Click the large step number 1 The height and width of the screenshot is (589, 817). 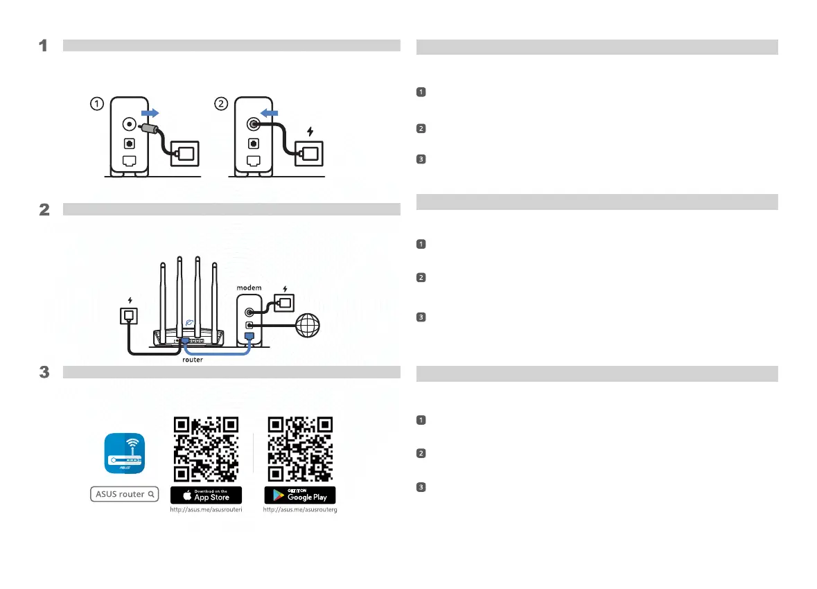coord(43,46)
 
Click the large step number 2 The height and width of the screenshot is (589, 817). coord(43,209)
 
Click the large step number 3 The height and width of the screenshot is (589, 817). coord(43,372)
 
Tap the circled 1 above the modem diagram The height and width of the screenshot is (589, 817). coord(98,104)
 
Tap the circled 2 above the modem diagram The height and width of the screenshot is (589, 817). coord(220,104)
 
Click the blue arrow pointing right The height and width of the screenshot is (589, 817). coord(149,112)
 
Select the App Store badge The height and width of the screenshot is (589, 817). coord(207,495)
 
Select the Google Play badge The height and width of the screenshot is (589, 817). coord(300,495)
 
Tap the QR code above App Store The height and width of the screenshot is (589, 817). coord(207,449)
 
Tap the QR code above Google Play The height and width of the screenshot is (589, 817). coord(300,449)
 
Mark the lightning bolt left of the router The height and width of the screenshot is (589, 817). coord(130,300)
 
